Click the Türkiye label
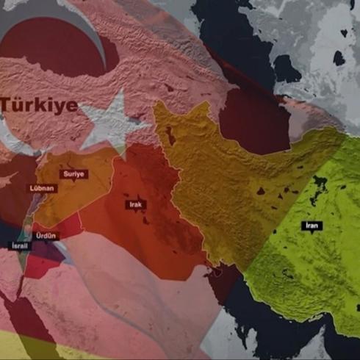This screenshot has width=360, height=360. (x=39, y=105)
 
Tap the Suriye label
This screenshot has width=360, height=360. (x=75, y=173)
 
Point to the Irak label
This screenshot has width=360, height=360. (x=135, y=204)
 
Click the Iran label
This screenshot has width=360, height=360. (x=312, y=225)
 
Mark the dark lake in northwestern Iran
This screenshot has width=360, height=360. (x=170, y=136)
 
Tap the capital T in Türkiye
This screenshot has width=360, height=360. (x=7, y=105)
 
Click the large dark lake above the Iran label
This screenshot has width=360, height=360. (x=320, y=187)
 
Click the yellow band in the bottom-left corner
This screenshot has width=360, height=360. (x=22, y=345)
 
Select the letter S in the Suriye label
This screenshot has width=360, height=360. (x=66, y=173)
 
